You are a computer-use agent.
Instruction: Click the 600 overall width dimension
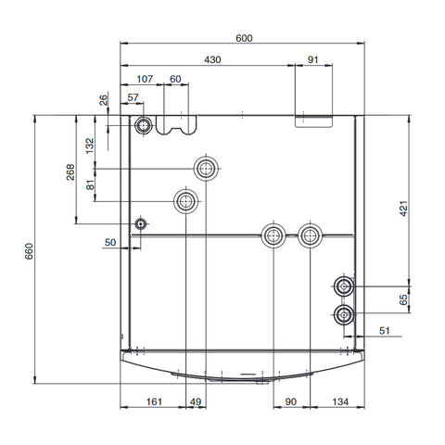tap(244, 38)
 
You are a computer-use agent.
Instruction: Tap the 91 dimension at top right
tap(311, 60)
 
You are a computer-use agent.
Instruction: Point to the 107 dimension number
tap(145, 80)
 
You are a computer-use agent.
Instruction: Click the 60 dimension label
tap(175, 80)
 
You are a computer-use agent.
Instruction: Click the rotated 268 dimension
tap(70, 173)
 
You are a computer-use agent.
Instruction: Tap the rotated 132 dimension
tap(90, 146)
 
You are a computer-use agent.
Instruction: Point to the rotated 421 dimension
tap(404, 211)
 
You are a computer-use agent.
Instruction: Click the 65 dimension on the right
tap(404, 299)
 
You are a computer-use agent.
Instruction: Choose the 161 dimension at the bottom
tap(155, 401)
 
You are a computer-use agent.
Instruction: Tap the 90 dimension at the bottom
tap(290, 401)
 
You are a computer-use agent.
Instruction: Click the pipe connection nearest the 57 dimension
tap(144, 125)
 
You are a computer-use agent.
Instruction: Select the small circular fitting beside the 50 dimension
tap(140, 223)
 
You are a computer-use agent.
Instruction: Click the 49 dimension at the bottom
tap(195, 401)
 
